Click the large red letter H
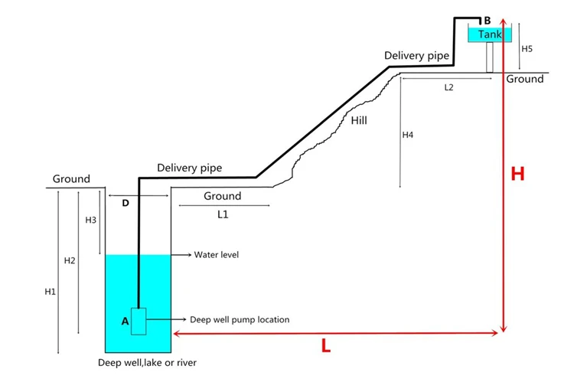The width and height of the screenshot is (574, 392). [517, 174]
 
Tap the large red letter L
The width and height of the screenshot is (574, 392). [326, 345]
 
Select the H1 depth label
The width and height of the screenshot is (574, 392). [51, 292]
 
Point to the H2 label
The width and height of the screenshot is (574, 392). [70, 260]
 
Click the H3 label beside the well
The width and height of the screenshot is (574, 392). [91, 220]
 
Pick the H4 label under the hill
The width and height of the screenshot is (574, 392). [408, 135]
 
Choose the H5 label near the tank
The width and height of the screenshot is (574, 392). [527, 49]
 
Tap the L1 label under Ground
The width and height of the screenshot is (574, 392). [223, 214]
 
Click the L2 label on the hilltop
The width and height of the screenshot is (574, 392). [448, 87]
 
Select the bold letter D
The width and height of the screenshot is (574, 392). [126, 203]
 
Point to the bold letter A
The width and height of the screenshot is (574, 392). [126, 322]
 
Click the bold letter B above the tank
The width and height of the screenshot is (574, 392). [488, 21]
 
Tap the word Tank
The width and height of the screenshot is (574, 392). [490, 34]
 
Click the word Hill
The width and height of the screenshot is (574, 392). [359, 120]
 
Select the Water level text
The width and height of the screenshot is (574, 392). [217, 255]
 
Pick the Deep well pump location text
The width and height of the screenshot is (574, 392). [240, 319]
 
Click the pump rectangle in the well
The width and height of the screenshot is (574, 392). [139, 322]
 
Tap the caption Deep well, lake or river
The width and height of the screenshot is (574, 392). [147, 363]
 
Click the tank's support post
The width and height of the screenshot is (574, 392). [490, 57]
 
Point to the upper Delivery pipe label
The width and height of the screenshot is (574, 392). [416, 56]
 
